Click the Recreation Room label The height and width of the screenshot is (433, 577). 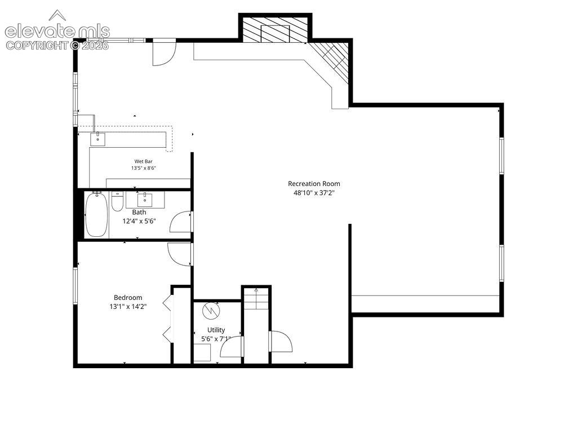click(314, 184)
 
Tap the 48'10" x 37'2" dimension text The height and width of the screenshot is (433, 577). click(314, 193)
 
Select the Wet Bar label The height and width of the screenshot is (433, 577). click(144, 161)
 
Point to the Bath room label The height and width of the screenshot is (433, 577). click(139, 212)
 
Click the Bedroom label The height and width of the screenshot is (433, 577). click(128, 298)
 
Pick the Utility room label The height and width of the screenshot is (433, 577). click(216, 330)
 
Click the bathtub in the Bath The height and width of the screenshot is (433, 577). click(96, 215)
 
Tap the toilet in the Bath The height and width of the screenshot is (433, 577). click(117, 202)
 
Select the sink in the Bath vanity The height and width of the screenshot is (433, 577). click(145, 200)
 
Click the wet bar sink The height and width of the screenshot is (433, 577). click(97, 139)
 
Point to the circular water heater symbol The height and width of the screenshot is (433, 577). click(211, 311)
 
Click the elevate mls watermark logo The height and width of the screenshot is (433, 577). click(57, 27)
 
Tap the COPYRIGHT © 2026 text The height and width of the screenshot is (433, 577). click(57, 45)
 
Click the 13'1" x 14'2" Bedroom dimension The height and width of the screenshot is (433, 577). click(128, 306)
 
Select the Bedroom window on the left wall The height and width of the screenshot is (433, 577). click(76, 286)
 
